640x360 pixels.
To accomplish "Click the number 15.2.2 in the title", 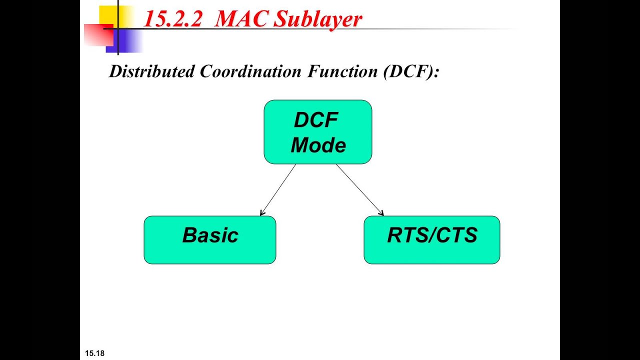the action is pos(172,19).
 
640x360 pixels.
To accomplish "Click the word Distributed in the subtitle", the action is pos(152,71).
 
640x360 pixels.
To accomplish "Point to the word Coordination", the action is pos(250,71).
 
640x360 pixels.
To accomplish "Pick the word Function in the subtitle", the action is pos(342,71).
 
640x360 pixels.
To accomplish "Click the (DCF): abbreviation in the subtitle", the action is pos(411,71).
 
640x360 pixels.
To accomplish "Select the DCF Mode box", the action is pos(318,132).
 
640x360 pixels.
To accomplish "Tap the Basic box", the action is pos(210,240).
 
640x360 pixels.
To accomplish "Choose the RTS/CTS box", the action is pos(432,240).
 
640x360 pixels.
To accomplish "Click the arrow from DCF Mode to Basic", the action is pos(278,189).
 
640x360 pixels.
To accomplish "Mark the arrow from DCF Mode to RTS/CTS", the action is pos(359,189).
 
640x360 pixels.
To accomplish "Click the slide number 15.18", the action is pos(95,353).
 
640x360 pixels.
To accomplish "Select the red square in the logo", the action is pos(99,35).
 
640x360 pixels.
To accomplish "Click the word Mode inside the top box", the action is pos(318,145).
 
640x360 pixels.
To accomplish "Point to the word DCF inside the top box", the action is pos(316,120).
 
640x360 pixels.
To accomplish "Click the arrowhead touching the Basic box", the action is pos(262,213).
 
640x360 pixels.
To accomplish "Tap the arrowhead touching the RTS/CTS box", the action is pos(381,213).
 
